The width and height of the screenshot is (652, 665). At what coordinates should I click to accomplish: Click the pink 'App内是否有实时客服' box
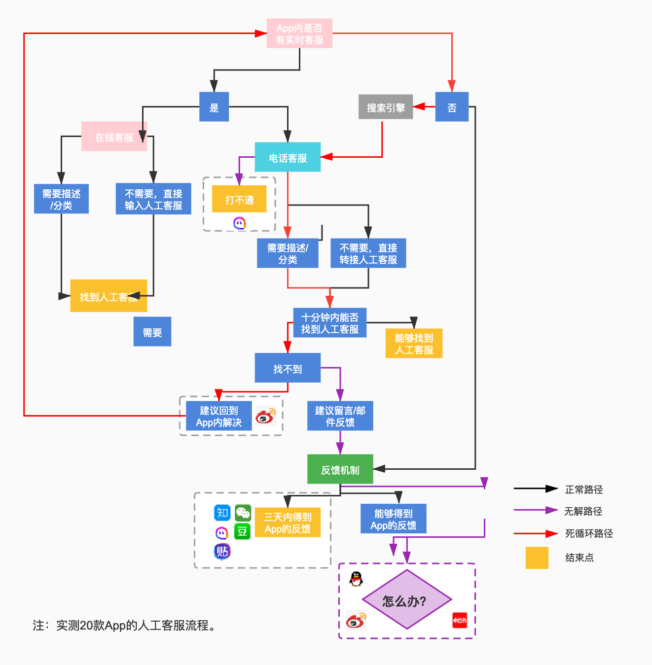point(299,34)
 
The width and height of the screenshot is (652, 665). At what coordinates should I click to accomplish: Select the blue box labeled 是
point(214,107)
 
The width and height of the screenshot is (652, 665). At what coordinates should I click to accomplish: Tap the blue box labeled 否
point(452,107)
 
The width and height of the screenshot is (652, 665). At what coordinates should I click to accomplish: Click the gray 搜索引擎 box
point(386,107)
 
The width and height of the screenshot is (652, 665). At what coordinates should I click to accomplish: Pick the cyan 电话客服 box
point(288,157)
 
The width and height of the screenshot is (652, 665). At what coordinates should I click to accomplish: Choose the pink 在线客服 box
point(114,137)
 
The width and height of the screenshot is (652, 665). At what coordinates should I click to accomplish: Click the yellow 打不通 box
point(239,199)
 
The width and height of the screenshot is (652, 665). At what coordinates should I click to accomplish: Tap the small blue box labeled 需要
point(152,332)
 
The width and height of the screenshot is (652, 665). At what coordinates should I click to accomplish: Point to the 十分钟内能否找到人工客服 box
point(330,323)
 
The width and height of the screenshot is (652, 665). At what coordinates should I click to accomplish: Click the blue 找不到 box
point(288,368)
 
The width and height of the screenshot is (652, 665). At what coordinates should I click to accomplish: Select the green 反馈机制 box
point(340,469)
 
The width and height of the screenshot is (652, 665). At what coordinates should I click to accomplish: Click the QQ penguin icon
point(356,579)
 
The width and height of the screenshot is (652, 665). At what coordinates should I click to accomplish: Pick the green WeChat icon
point(243,513)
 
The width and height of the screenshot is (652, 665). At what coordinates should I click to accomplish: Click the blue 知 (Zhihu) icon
point(222,513)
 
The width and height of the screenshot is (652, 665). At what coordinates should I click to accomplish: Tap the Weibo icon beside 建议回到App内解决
point(266,416)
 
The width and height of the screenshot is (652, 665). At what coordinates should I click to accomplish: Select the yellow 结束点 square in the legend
point(537,558)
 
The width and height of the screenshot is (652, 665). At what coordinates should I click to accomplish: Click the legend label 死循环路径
point(589,533)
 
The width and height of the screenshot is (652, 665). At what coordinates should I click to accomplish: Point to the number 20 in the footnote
point(86,626)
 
